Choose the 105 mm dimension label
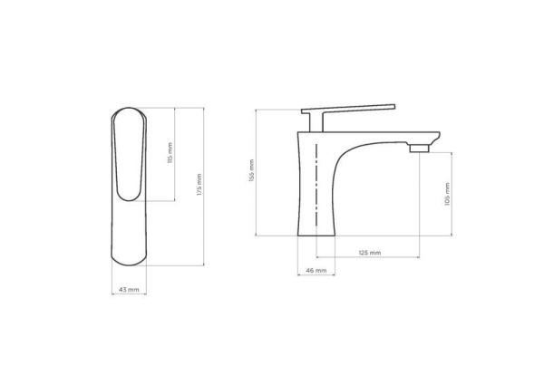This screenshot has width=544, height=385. [x=447, y=194]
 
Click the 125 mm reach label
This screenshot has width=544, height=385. [x=369, y=253]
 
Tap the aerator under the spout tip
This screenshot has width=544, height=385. [x=419, y=147]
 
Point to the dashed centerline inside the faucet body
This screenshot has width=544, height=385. [x=315, y=181]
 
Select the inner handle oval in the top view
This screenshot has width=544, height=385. [x=127, y=154]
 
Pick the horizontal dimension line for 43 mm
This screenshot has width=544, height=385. [x=129, y=282]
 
